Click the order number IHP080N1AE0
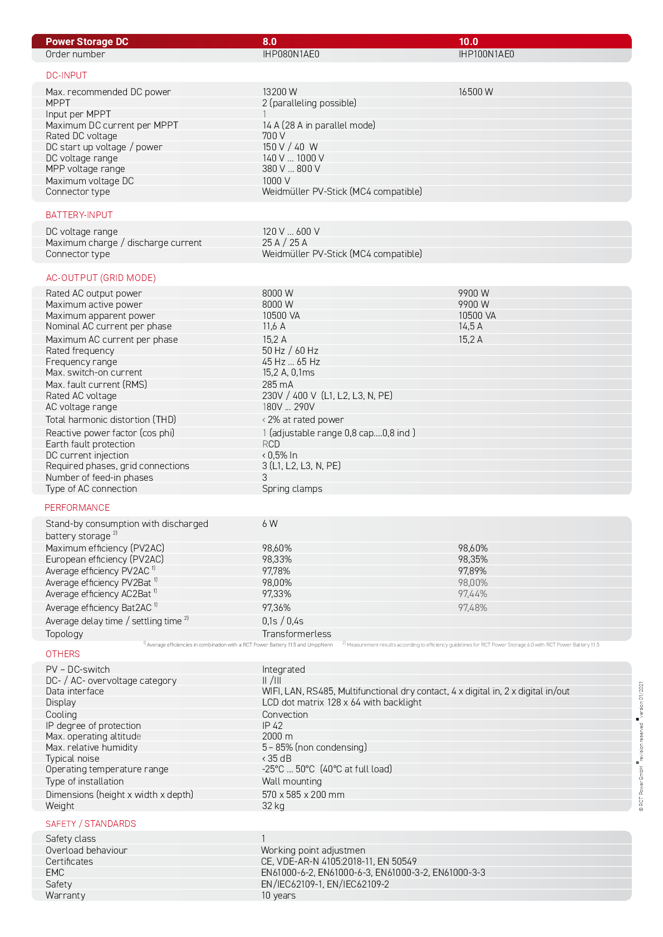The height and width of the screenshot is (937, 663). click(291, 54)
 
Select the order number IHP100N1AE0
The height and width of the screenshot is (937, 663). click(486, 54)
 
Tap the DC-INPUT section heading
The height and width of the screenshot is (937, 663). click(66, 75)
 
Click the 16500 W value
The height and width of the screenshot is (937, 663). click(475, 92)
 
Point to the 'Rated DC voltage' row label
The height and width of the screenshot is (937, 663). click(81, 136)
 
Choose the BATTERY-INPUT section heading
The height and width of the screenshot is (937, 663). click(79, 215)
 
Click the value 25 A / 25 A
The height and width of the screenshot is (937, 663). click(284, 243)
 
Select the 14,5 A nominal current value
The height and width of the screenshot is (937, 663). click(470, 326)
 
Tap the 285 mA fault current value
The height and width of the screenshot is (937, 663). click(277, 384)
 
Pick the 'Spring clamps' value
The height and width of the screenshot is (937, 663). click(292, 489)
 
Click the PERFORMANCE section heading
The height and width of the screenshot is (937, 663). click(77, 507)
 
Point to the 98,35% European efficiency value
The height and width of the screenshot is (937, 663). click(473, 559)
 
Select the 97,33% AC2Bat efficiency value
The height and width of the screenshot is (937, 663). click(277, 594)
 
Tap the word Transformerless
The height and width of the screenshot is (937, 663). click(296, 634)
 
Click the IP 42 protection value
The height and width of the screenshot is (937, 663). click(272, 726)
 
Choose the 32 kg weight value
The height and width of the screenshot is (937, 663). click(273, 806)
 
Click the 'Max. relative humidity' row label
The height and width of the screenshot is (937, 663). click(91, 747)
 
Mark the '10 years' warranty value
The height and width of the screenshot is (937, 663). click(278, 895)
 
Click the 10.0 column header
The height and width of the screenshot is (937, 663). click(468, 42)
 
